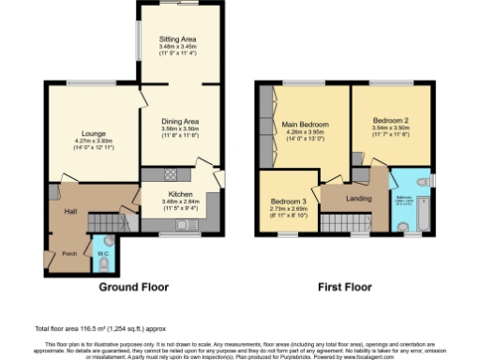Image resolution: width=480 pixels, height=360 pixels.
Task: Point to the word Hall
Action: tap(69, 212)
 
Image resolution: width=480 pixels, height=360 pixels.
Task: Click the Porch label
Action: tap(69, 253)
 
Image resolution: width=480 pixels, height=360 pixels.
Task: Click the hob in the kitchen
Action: tap(172, 173)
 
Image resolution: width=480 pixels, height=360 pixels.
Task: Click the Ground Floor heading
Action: tap(133, 287)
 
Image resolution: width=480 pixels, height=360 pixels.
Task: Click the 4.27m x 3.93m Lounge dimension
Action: tap(93, 142)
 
